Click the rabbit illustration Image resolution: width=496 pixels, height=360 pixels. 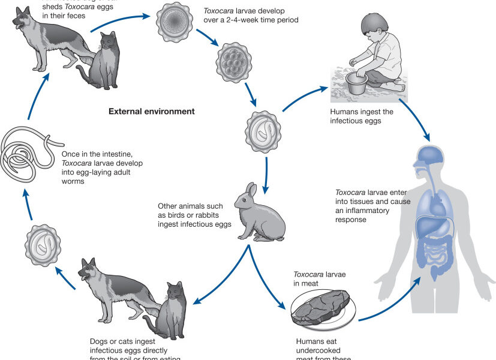(x=258, y=210)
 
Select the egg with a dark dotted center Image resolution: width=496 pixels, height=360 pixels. (x=175, y=23)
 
